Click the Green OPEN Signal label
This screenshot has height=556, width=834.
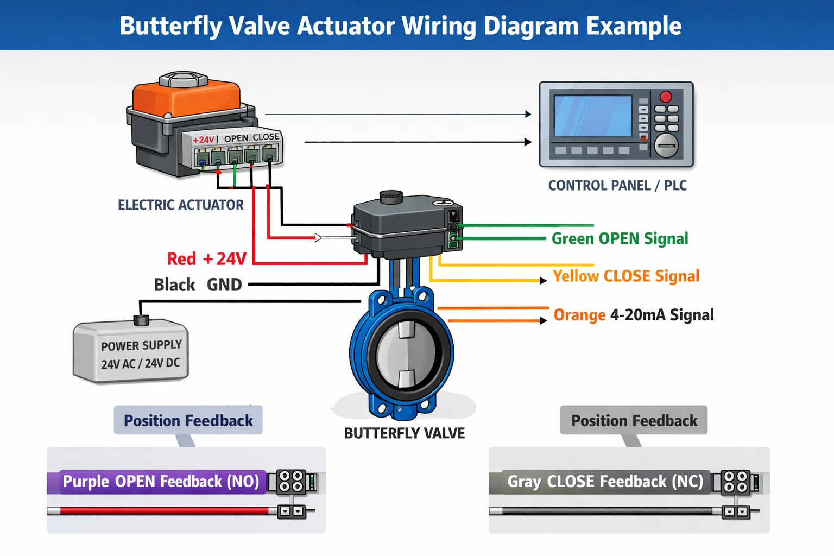tap(620, 239)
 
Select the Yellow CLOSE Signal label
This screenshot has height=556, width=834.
tap(625, 276)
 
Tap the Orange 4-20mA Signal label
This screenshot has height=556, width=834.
tap(633, 315)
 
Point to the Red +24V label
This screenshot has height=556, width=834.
tap(206, 259)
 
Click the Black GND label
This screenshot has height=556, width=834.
tap(198, 285)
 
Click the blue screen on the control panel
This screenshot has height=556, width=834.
tap(593, 116)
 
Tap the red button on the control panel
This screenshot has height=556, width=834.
tap(666, 97)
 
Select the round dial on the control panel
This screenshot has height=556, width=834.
tap(666, 146)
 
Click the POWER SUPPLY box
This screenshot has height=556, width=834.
tap(131, 353)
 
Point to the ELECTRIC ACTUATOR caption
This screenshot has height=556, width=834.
tap(181, 205)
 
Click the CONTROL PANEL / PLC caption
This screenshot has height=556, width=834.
tap(617, 186)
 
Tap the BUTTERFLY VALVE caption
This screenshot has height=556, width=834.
tap(405, 433)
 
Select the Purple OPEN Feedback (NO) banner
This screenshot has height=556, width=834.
tap(161, 482)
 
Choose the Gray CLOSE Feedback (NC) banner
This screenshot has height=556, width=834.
tap(605, 482)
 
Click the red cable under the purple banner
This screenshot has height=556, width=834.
tap(163, 510)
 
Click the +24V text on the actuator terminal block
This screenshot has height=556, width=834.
tap(204, 140)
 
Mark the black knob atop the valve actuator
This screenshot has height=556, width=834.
tap(391, 197)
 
